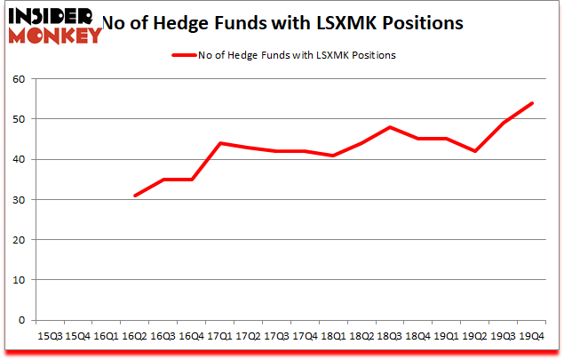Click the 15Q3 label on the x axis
tap(50, 337)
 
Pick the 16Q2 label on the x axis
tap(134, 337)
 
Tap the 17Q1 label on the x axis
tap(218, 337)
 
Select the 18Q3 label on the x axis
tap(389, 337)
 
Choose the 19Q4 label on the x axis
tap(531, 337)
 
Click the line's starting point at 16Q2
tap(134, 196)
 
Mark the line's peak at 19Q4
tap(531, 103)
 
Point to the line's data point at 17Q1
tap(218, 143)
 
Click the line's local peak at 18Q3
tap(389, 127)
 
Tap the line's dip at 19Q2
tap(474, 151)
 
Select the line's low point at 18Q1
tap(332, 156)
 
